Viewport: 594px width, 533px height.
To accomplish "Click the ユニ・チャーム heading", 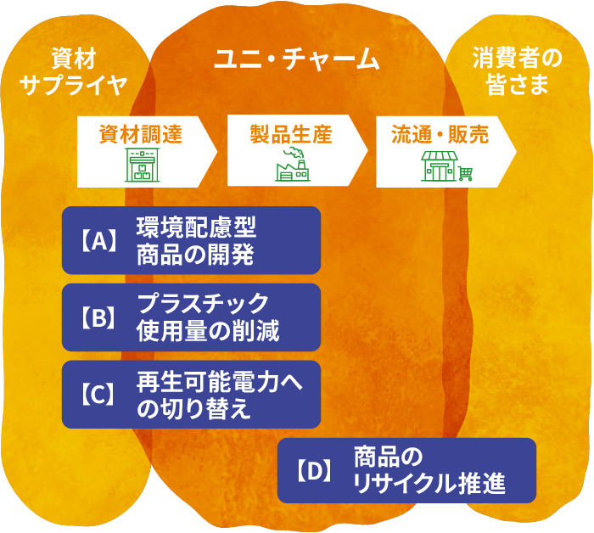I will click(296, 59).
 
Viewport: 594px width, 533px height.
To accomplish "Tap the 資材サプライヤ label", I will click(73, 71).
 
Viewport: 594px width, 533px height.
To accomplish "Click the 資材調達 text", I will click(141, 134).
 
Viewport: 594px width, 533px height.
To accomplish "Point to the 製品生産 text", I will click(290, 134).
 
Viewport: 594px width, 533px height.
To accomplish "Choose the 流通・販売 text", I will click(440, 134).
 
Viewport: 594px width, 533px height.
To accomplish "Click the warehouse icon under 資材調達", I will click(141, 166).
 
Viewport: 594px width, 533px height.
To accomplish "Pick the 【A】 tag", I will click(98, 241).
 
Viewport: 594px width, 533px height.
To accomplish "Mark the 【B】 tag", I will click(98, 317).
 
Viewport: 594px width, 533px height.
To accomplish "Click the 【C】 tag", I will click(98, 395).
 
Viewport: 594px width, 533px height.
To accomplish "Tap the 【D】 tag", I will click(314, 471).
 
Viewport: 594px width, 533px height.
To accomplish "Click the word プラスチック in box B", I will click(203, 305).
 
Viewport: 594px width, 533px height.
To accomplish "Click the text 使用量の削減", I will click(208, 330).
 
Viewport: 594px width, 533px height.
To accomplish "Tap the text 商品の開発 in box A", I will click(195, 254).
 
